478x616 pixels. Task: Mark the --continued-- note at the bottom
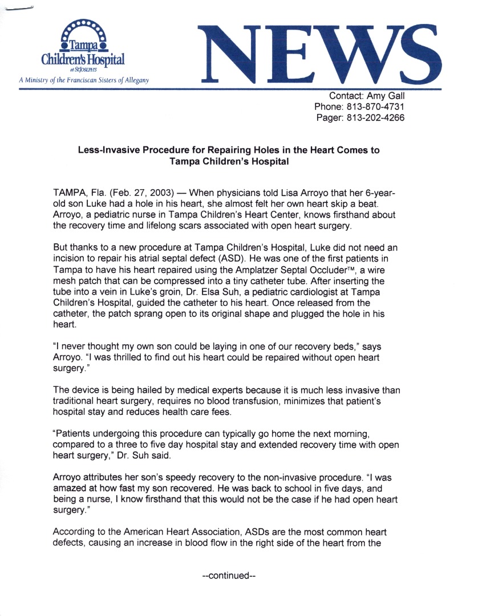tap(228, 576)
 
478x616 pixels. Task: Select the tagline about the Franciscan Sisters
tap(84, 80)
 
